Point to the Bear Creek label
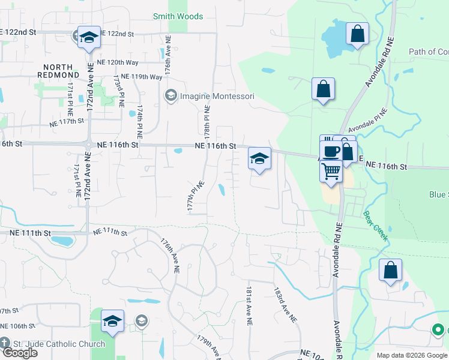[375, 225]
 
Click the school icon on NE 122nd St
[89, 37]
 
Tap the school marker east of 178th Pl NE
[259, 158]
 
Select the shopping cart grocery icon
[331, 172]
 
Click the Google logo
[19, 353]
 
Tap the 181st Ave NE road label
[248, 305]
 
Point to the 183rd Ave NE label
[285, 304]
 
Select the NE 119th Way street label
[142, 77]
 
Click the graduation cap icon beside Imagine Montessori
[170, 96]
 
